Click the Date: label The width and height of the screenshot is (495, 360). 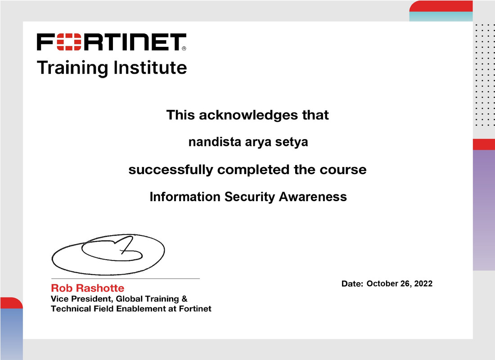point(352,284)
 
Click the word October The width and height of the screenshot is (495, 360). point(382,283)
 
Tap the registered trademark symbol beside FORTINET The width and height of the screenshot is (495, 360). point(184,48)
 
